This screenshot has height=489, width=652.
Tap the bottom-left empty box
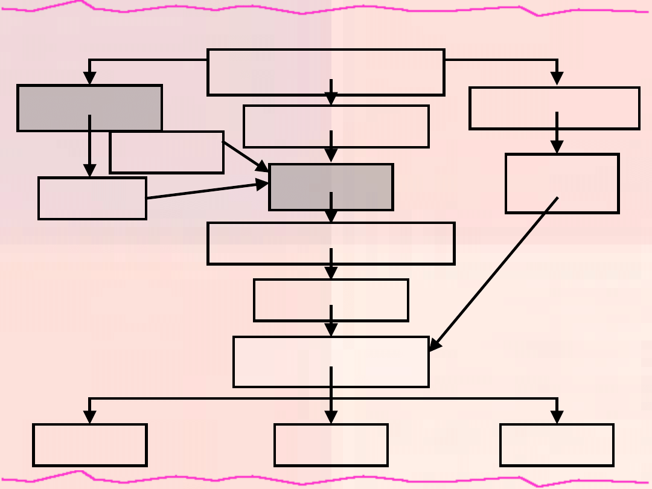click(90, 445)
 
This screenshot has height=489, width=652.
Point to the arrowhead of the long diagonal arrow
click(434, 345)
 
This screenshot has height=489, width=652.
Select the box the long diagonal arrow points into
click(284, 362)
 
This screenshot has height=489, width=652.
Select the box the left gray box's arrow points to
click(92, 198)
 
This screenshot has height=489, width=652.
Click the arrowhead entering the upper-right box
click(557, 79)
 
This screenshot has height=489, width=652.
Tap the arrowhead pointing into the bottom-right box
click(557, 417)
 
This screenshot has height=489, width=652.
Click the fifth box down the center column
click(362, 300)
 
